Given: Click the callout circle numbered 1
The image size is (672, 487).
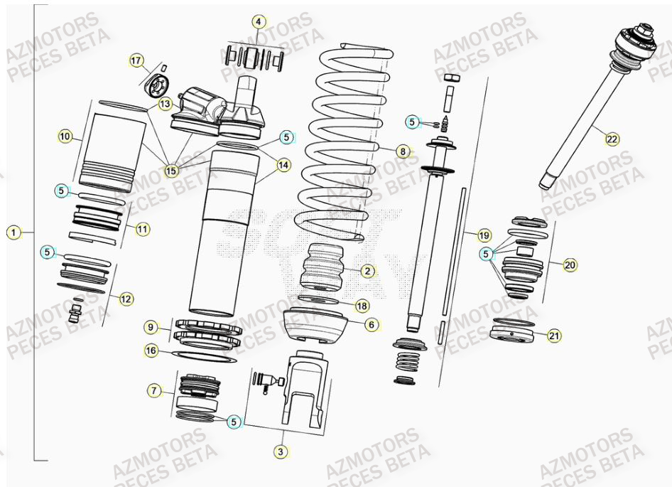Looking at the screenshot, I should [13, 232].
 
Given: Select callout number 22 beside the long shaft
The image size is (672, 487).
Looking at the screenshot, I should [612, 139].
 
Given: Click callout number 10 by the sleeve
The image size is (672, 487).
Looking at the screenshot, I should [65, 136].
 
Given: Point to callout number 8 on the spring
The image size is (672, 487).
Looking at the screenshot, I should [403, 151].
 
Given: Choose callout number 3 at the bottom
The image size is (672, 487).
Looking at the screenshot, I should [282, 451].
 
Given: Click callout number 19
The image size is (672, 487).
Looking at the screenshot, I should [484, 235].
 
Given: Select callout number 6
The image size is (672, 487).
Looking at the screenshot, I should [372, 323].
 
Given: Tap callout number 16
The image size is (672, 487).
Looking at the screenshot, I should [151, 350].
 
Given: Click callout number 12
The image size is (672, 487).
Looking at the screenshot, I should [126, 299].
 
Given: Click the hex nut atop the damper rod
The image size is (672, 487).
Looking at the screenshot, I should [450, 77].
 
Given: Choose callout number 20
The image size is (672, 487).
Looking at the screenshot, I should [570, 265].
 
